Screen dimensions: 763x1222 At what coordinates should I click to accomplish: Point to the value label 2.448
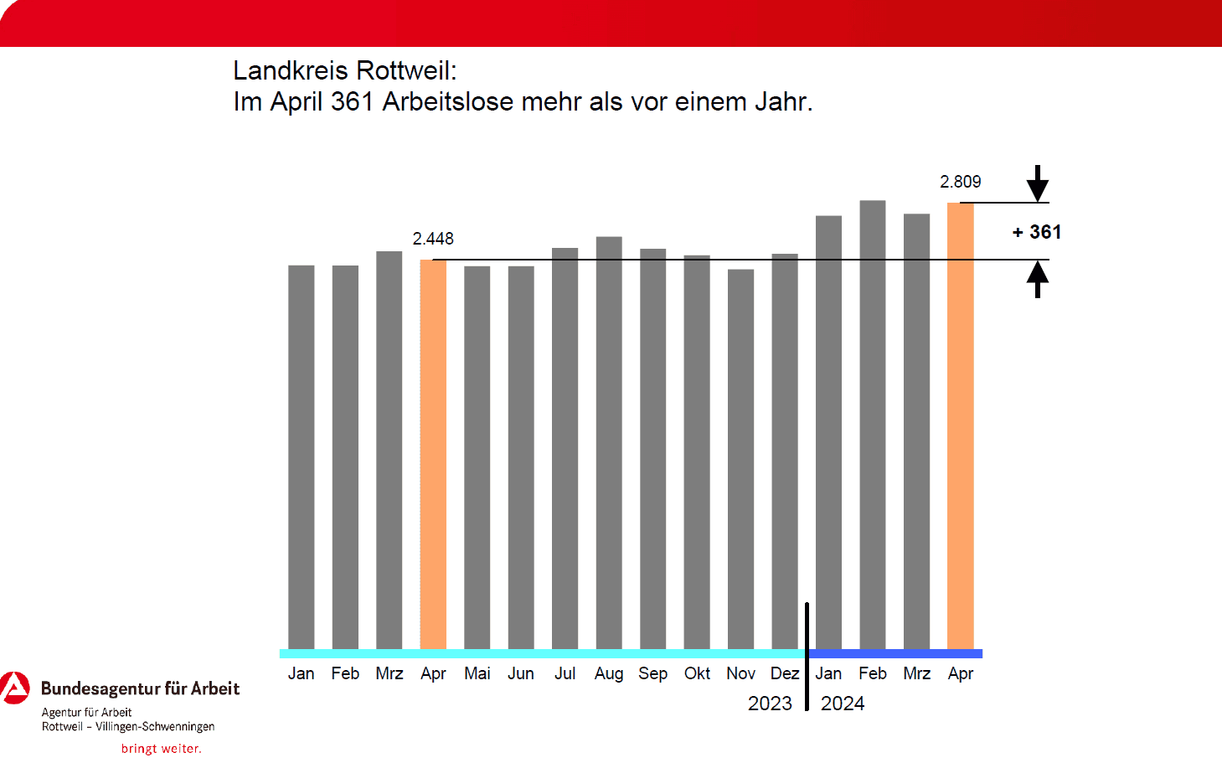tap(433, 239)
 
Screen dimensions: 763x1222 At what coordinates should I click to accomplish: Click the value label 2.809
tap(960, 182)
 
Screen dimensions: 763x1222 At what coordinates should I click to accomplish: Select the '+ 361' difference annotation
tap(1037, 232)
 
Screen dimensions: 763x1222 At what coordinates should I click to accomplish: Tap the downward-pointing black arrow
tap(1038, 183)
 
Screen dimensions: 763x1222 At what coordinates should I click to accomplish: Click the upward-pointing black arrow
tap(1038, 279)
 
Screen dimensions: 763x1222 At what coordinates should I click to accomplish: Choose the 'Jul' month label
tap(565, 673)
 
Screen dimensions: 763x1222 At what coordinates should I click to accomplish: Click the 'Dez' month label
tap(785, 673)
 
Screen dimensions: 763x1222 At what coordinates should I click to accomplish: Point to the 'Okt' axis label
tap(697, 673)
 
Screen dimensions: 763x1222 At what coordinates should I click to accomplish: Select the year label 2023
tap(770, 704)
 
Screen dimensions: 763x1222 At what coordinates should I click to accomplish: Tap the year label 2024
tap(843, 704)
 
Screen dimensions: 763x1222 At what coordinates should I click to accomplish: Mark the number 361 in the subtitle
tap(352, 101)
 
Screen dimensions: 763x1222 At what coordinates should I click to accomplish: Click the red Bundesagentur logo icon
tap(14, 688)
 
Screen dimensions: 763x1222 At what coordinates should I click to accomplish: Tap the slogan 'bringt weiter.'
tap(162, 749)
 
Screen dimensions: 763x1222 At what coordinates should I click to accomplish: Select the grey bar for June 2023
tap(521, 457)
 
